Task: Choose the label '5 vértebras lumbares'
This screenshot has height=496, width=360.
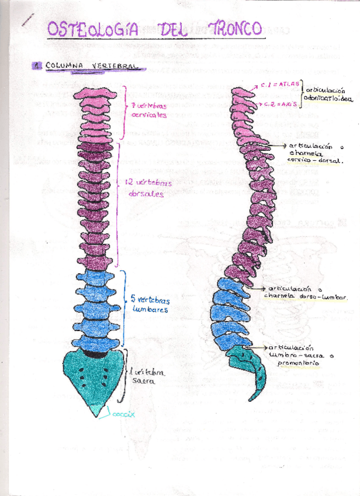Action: [x=150, y=303]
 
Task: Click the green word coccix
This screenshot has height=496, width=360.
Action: [x=123, y=414]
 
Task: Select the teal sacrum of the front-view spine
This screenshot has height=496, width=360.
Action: [x=95, y=377]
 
